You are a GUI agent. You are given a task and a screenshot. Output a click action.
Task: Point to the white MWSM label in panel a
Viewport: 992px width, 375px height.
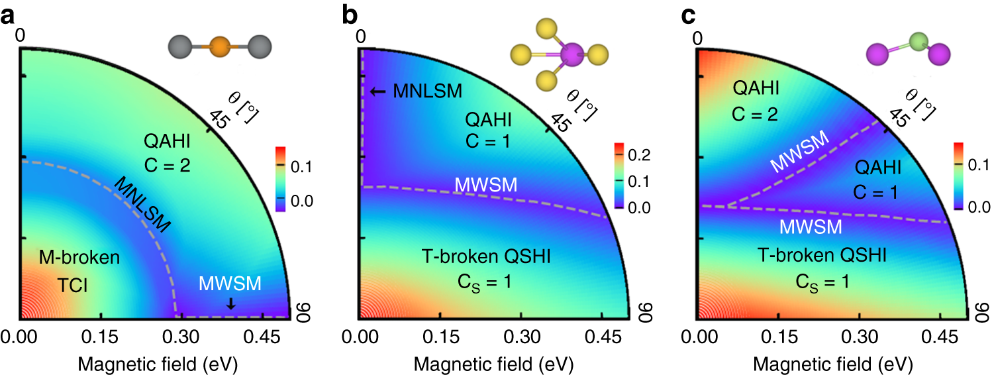[x=230, y=284]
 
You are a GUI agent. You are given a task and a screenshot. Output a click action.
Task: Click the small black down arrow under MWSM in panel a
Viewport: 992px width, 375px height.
[x=230, y=303]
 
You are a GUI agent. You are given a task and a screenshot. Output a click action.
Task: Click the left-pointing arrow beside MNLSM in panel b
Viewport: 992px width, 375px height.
[x=377, y=91]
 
